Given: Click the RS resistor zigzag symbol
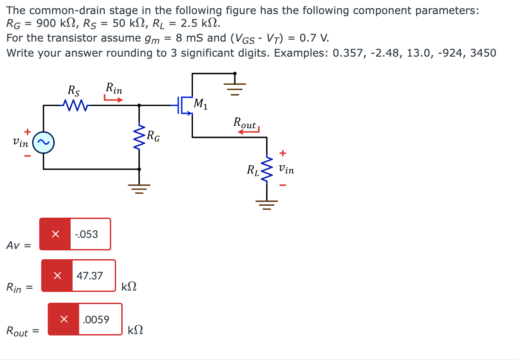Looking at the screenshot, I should [x=76, y=105].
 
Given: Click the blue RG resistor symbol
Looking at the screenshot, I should [x=139, y=136].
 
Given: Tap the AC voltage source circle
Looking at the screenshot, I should [x=43, y=142].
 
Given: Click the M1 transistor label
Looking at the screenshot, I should [x=200, y=104].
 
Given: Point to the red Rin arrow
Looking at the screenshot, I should [x=113, y=99].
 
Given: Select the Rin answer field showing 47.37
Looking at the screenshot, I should [x=93, y=276].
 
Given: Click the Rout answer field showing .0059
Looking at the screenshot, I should [x=100, y=319].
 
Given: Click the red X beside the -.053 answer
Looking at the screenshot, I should [x=55, y=234].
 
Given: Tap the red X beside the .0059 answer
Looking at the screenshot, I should [x=64, y=319].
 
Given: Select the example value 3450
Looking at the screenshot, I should [x=483, y=53].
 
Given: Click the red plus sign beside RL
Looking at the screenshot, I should [x=283, y=153].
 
